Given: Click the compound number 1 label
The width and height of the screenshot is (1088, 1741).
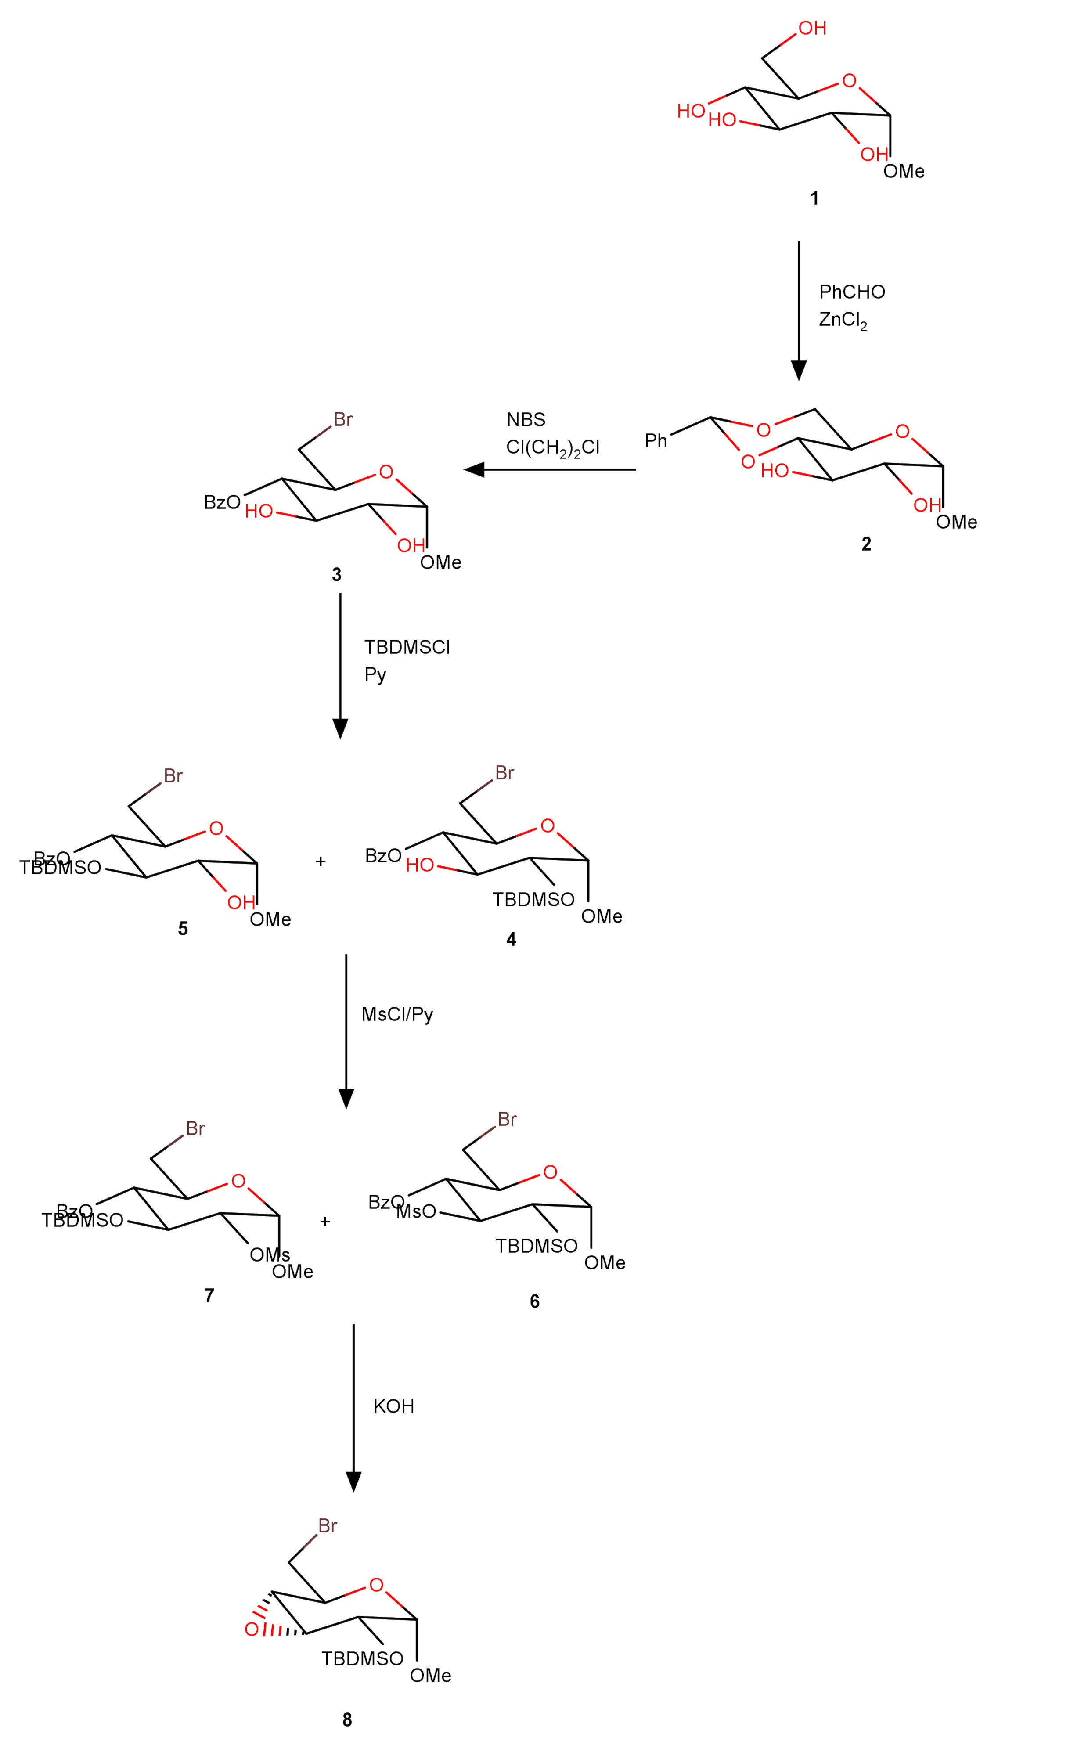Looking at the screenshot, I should (814, 198).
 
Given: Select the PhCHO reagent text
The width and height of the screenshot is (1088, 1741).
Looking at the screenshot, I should (851, 292).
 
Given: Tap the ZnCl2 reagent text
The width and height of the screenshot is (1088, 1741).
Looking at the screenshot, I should (842, 320).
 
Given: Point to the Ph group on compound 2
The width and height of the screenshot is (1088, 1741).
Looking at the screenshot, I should (656, 440).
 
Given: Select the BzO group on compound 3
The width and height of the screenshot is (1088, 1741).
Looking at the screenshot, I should (222, 502).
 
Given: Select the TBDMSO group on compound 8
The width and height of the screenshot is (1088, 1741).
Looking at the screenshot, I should (362, 1659).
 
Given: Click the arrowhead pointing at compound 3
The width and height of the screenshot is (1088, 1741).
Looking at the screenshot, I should (475, 470).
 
